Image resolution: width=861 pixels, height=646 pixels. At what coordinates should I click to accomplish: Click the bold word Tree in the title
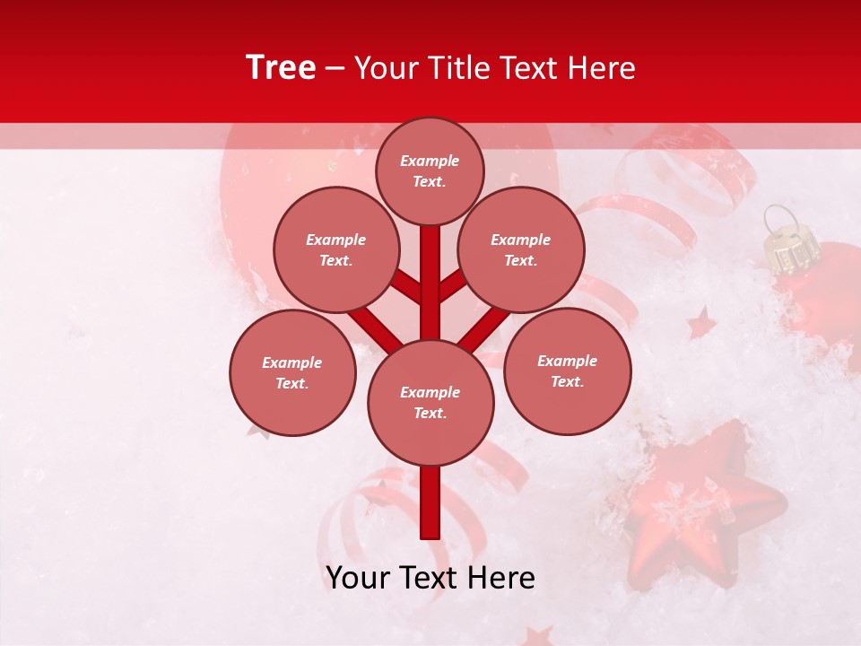281,68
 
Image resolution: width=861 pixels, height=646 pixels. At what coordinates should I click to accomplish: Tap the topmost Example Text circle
430,170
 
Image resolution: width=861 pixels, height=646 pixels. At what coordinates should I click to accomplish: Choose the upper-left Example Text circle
335,249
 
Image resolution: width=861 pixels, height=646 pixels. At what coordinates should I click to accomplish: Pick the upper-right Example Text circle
520,249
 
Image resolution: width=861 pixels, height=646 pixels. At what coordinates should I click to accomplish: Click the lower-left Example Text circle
291,372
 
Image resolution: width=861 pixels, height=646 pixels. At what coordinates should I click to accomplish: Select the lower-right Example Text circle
567,371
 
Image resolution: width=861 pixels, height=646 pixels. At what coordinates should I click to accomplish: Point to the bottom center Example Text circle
430,402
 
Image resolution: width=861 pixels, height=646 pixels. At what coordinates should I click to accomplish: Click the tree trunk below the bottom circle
430,502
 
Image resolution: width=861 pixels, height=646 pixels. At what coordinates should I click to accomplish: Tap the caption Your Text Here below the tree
430,578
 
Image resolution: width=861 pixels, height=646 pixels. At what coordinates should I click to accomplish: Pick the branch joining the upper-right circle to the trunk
452,286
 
